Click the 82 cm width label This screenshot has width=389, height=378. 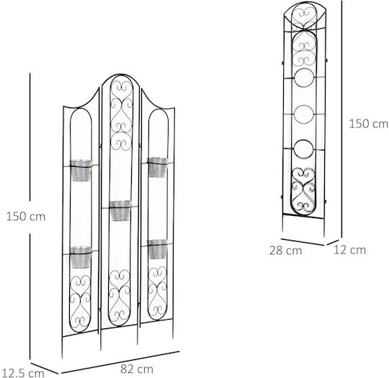(137, 369)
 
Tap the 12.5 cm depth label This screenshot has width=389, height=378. (22, 373)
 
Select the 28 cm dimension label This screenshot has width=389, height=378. (285, 251)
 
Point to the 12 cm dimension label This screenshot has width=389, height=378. (349, 250)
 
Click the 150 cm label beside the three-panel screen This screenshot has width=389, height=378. (26, 217)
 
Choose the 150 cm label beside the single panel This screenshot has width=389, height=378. (369, 124)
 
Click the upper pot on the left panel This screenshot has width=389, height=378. (81, 171)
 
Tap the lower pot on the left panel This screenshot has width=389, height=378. (81, 257)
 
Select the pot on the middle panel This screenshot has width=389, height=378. (120, 210)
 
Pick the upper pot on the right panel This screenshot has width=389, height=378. (158, 167)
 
